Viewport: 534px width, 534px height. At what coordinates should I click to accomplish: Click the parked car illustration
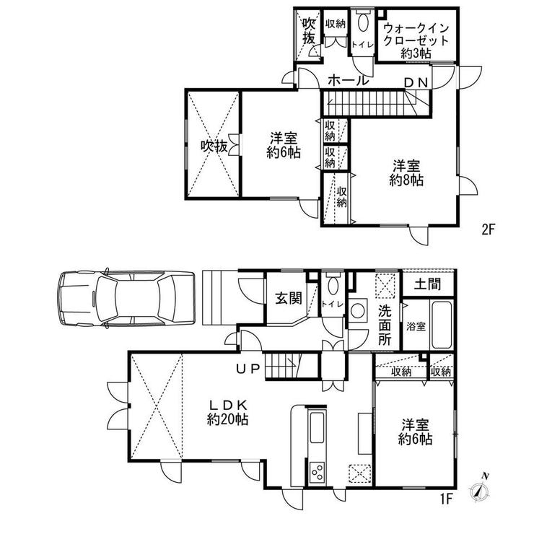pos(126,299)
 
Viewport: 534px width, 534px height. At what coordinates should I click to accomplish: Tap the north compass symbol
pos(480,488)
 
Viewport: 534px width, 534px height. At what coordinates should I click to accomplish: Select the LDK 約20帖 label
pos(227,412)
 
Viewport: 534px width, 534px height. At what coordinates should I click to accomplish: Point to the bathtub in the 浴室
pos(442,325)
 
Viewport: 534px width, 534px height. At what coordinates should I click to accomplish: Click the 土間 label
pos(428,284)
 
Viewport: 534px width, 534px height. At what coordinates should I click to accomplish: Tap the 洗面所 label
pos(385,325)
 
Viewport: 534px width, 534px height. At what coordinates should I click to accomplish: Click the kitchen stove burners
pos(317,472)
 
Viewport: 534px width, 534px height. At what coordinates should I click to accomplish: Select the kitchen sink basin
pos(317,427)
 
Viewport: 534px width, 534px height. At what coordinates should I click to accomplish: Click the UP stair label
pos(249,369)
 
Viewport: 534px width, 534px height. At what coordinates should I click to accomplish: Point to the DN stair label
pos(416,83)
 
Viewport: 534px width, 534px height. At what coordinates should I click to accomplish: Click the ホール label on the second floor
pos(349,81)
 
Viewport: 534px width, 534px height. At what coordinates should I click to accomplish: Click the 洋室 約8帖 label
pos(406,173)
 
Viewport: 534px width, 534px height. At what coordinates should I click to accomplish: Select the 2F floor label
pos(487,229)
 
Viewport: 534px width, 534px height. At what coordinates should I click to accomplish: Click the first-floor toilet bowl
pos(333,286)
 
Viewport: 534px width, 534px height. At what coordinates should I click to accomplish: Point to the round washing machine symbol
pos(358,310)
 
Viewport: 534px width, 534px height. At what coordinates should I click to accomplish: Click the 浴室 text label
pos(416,326)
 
